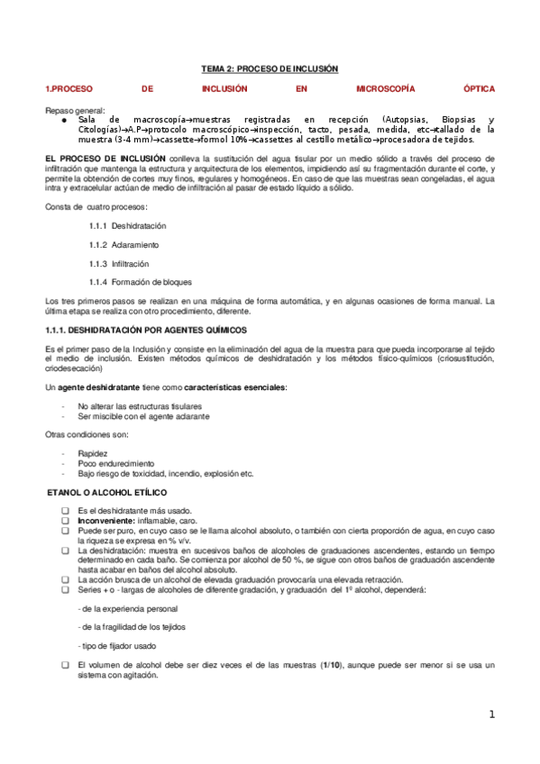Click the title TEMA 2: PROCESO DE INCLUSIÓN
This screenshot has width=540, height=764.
pyautogui.click(x=269, y=68)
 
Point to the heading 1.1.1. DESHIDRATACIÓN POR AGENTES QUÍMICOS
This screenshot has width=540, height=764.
pyautogui.click(x=145, y=331)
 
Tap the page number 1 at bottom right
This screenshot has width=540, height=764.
pyautogui.click(x=492, y=714)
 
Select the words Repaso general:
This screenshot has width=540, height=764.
pyautogui.click(x=74, y=110)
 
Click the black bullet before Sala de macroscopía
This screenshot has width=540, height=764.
pyautogui.click(x=65, y=120)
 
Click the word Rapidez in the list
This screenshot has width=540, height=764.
pyautogui.click(x=93, y=453)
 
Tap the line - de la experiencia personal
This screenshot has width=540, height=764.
pyautogui.click(x=126, y=583)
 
